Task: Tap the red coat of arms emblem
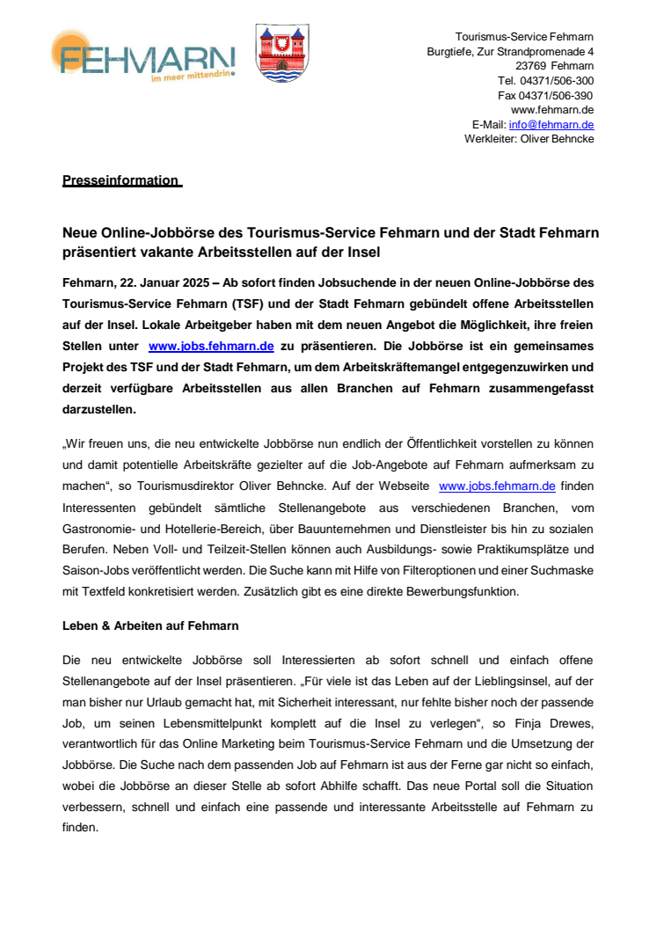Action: coord(281,54)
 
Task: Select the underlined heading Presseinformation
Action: coord(120,180)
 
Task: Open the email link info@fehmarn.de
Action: coord(550,125)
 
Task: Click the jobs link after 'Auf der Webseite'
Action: coord(497,485)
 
